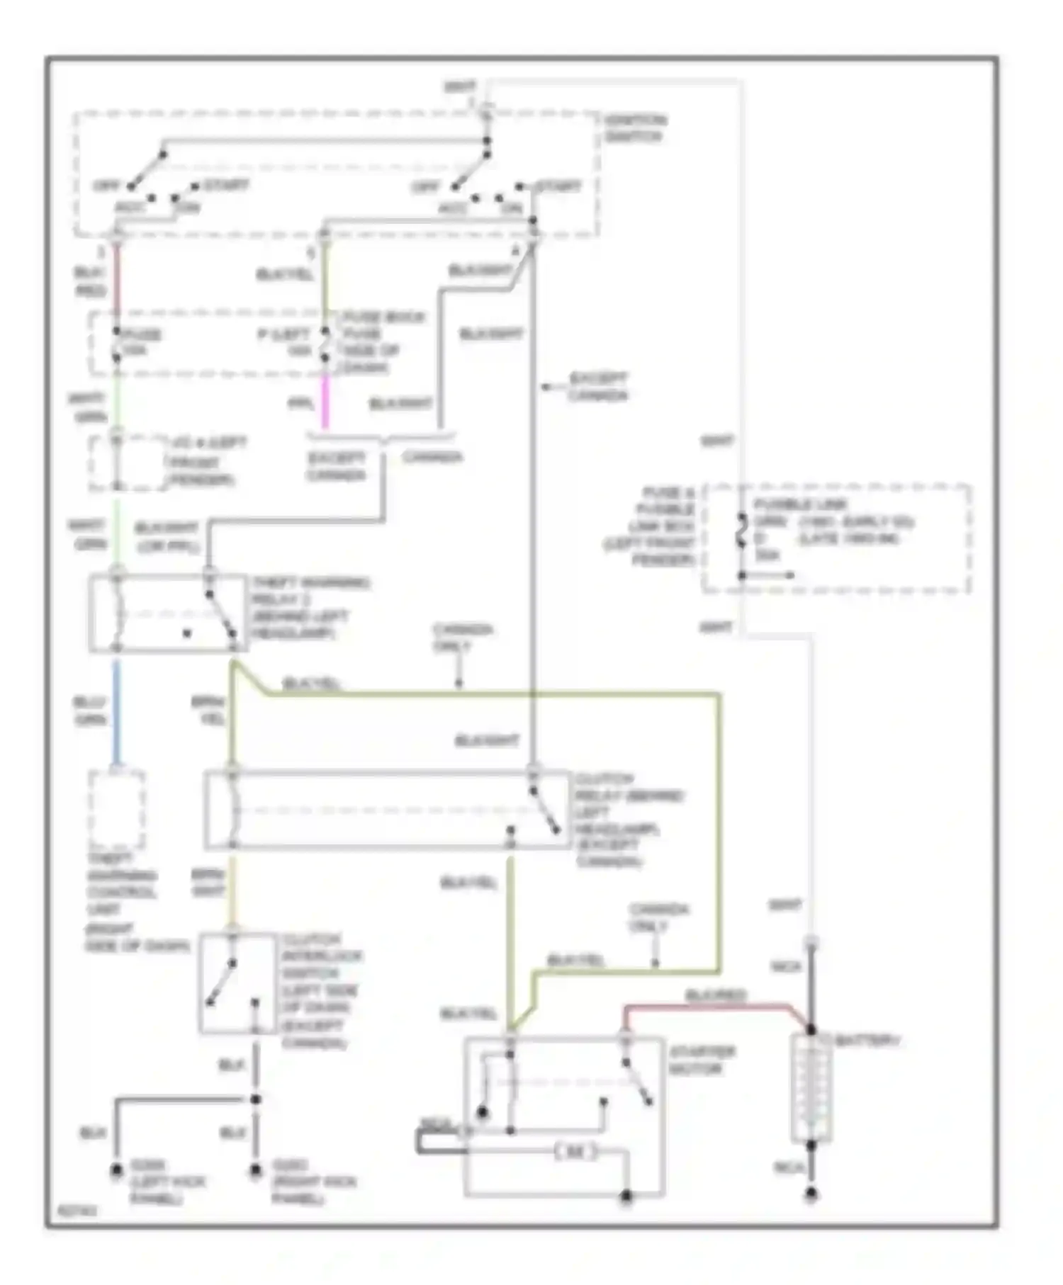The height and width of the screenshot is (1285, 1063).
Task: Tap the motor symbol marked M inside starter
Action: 575,1152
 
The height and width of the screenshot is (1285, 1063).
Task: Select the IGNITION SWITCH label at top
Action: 634,128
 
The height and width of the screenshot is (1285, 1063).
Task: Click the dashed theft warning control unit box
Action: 117,809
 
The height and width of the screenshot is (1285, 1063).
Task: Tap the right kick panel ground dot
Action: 256,1171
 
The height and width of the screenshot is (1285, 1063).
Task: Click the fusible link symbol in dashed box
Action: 741,531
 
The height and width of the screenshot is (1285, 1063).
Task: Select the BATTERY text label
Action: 867,1041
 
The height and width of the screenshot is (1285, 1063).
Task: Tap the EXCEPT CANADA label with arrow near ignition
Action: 597,387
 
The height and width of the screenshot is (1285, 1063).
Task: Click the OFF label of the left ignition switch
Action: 107,186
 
